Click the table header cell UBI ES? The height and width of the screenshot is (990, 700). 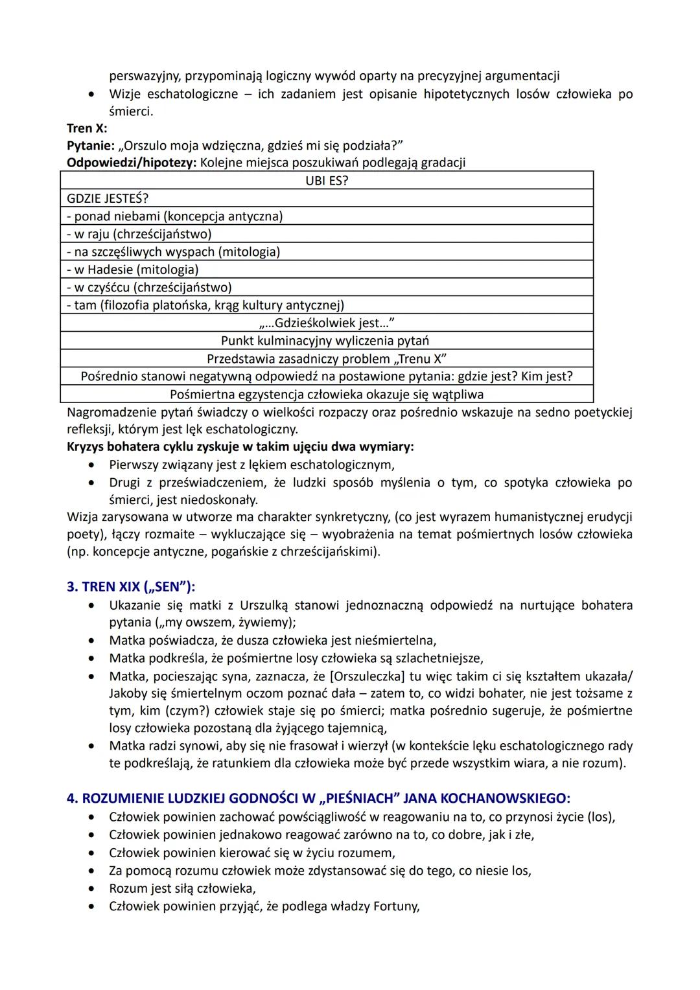[x=327, y=180]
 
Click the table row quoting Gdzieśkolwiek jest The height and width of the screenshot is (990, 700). [x=327, y=323]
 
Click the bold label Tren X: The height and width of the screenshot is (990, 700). [x=87, y=128]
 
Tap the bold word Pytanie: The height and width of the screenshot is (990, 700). [x=90, y=145]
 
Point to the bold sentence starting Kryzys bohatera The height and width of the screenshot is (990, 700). [x=240, y=446]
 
